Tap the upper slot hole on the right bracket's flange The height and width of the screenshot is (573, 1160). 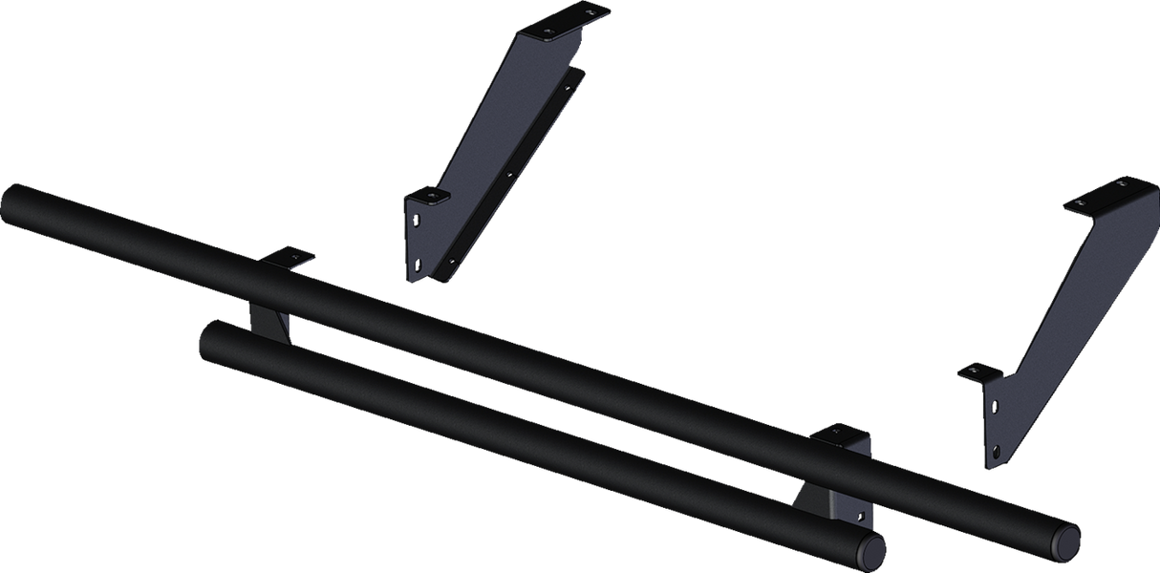[994, 406]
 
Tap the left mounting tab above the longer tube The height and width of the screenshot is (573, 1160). [288, 258]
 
